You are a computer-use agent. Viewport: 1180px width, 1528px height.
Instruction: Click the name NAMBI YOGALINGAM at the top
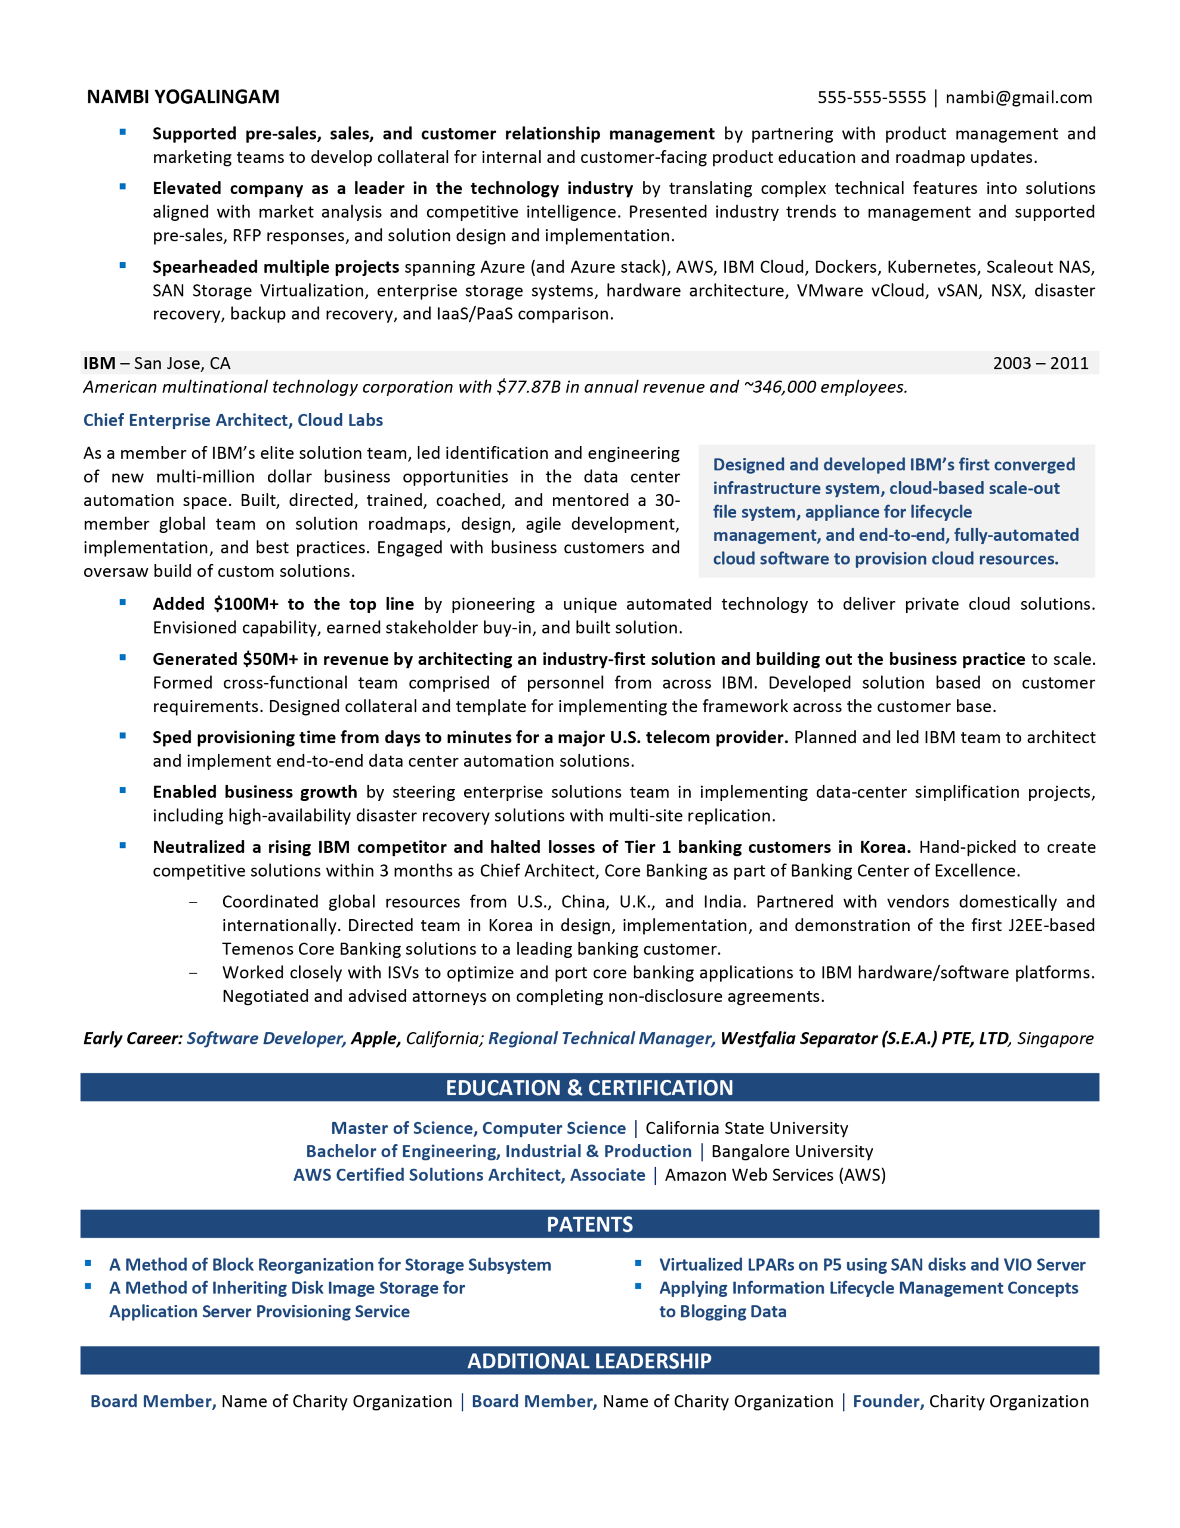pyautogui.click(x=183, y=97)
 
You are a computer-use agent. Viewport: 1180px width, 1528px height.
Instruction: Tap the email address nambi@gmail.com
pyautogui.click(x=1018, y=97)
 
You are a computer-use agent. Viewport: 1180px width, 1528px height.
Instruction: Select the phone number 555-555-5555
pyautogui.click(x=871, y=97)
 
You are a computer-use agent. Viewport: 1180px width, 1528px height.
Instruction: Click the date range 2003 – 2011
pyautogui.click(x=1040, y=363)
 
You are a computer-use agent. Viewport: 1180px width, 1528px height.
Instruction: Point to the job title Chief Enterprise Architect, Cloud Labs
pyautogui.click(x=233, y=420)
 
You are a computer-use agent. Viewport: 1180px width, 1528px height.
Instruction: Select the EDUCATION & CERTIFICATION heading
pyautogui.click(x=589, y=1088)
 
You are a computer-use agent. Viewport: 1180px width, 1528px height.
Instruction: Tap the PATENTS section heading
pyautogui.click(x=589, y=1224)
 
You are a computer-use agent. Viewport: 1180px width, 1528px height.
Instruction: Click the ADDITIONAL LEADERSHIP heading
pyautogui.click(x=589, y=1360)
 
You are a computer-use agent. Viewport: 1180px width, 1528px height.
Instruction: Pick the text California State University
pyautogui.click(x=746, y=1128)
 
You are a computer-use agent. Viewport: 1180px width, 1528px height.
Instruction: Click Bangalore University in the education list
pyautogui.click(x=792, y=1151)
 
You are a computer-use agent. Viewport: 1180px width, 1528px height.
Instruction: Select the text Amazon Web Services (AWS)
pyautogui.click(x=775, y=1175)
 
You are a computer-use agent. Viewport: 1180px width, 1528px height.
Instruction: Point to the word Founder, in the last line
pyautogui.click(x=888, y=1401)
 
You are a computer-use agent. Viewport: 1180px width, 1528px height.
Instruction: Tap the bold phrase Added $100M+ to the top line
pyautogui.click(x=283, y=604)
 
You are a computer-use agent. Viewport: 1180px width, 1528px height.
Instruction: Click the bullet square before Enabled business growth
pyautogui.click(x=123, y=791)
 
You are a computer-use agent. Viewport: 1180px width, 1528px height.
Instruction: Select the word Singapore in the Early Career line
pyautogui.click(x=1055, y=1037)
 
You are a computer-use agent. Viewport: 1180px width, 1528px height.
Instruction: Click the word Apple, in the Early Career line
pyautogui.click(x=376, y=1037)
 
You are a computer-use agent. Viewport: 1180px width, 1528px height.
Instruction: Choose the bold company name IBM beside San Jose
pyautogui.click(x=99, y=363)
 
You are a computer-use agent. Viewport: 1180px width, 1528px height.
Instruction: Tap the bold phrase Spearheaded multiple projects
pyautogui.click(x=276, y=267)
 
